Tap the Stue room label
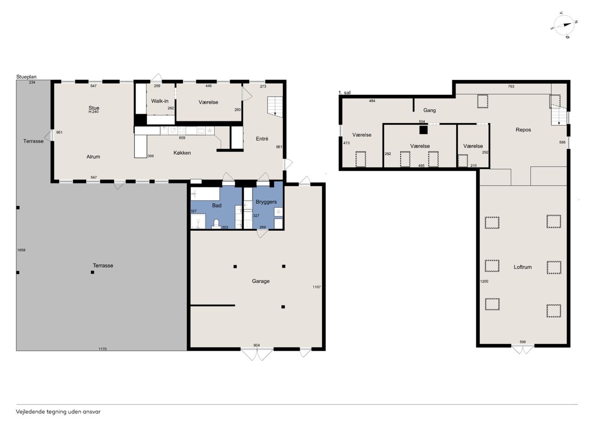pos(94,107)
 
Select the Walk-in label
pos(159,101)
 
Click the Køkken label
pos(182,153)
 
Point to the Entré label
pos(262,139)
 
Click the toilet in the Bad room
pos(216,224)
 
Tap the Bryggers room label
pos(266,202)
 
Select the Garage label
pos(261,281)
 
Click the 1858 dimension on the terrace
pos(21,250)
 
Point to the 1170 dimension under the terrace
pos(103,349)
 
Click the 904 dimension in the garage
pos(257,345)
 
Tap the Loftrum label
pos(522,267)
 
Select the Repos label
pos(523,130)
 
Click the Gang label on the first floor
pos(430,110)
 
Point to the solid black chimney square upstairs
pos(423,130)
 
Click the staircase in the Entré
pos(275,107)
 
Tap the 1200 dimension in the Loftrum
pos(484,281)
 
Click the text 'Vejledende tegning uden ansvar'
pos(58,412)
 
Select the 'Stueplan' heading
pos(26,77)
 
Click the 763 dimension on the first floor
pos(511,87)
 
